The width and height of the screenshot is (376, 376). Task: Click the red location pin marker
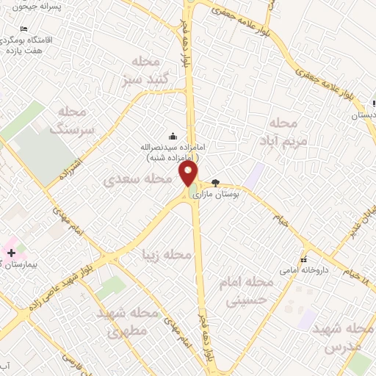click(x=189, y=174)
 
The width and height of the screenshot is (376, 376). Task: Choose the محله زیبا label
click(x=167, y=255)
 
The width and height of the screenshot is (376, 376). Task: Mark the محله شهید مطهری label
click(x=129, y=322)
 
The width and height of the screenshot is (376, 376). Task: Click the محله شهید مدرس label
click(x=339, y=336)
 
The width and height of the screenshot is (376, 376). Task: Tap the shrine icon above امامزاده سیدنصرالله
click(x=173, y=135)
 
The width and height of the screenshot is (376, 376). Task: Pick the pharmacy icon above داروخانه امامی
click(x=303, y=259)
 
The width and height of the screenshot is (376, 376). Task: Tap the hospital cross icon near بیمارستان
click(x=11, y=252)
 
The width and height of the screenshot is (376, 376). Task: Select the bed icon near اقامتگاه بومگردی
click(x=24, y=28)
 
